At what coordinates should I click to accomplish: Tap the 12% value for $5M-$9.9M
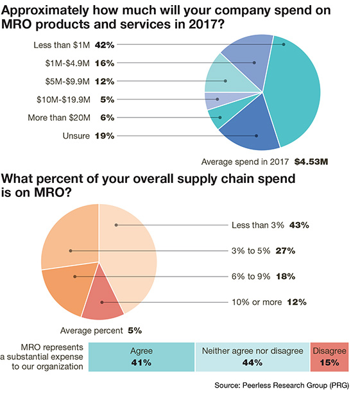point(104,81)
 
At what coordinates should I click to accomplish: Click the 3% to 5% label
point(254,251)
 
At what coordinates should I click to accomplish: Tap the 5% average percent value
point(134,330)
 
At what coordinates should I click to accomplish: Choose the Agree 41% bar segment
point(141,357)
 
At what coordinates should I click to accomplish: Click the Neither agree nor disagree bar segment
point(252,357)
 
